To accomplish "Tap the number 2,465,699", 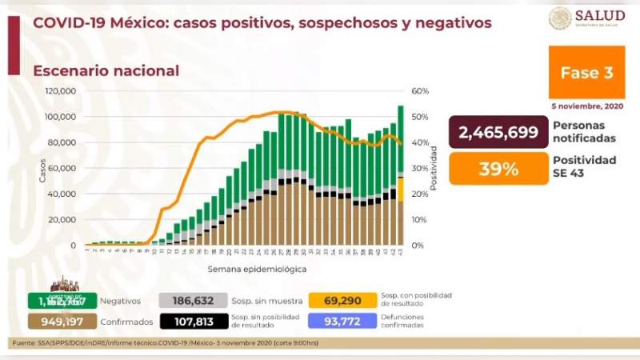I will [x=498, y=133].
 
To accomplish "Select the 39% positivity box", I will [x=498, y=169].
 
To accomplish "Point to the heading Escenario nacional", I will [x=106, y=70].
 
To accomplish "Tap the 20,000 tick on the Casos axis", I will [x=62, y=220].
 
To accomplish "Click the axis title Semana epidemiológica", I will [x=257, y=269].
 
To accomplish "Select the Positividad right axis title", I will [x=433, y=168].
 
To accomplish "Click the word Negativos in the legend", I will [x=120, y=302].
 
